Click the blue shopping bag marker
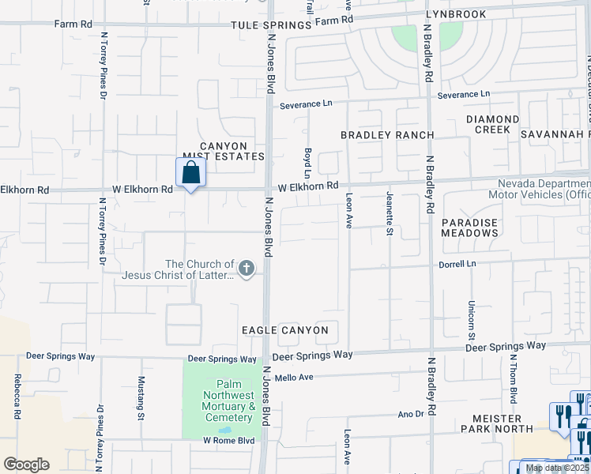pos(190,171)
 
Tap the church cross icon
pos(247,269)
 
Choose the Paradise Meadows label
pos(469,228)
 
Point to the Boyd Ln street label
pos(307,164)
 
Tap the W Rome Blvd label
pos(228,440)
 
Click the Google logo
pos(26,464)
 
